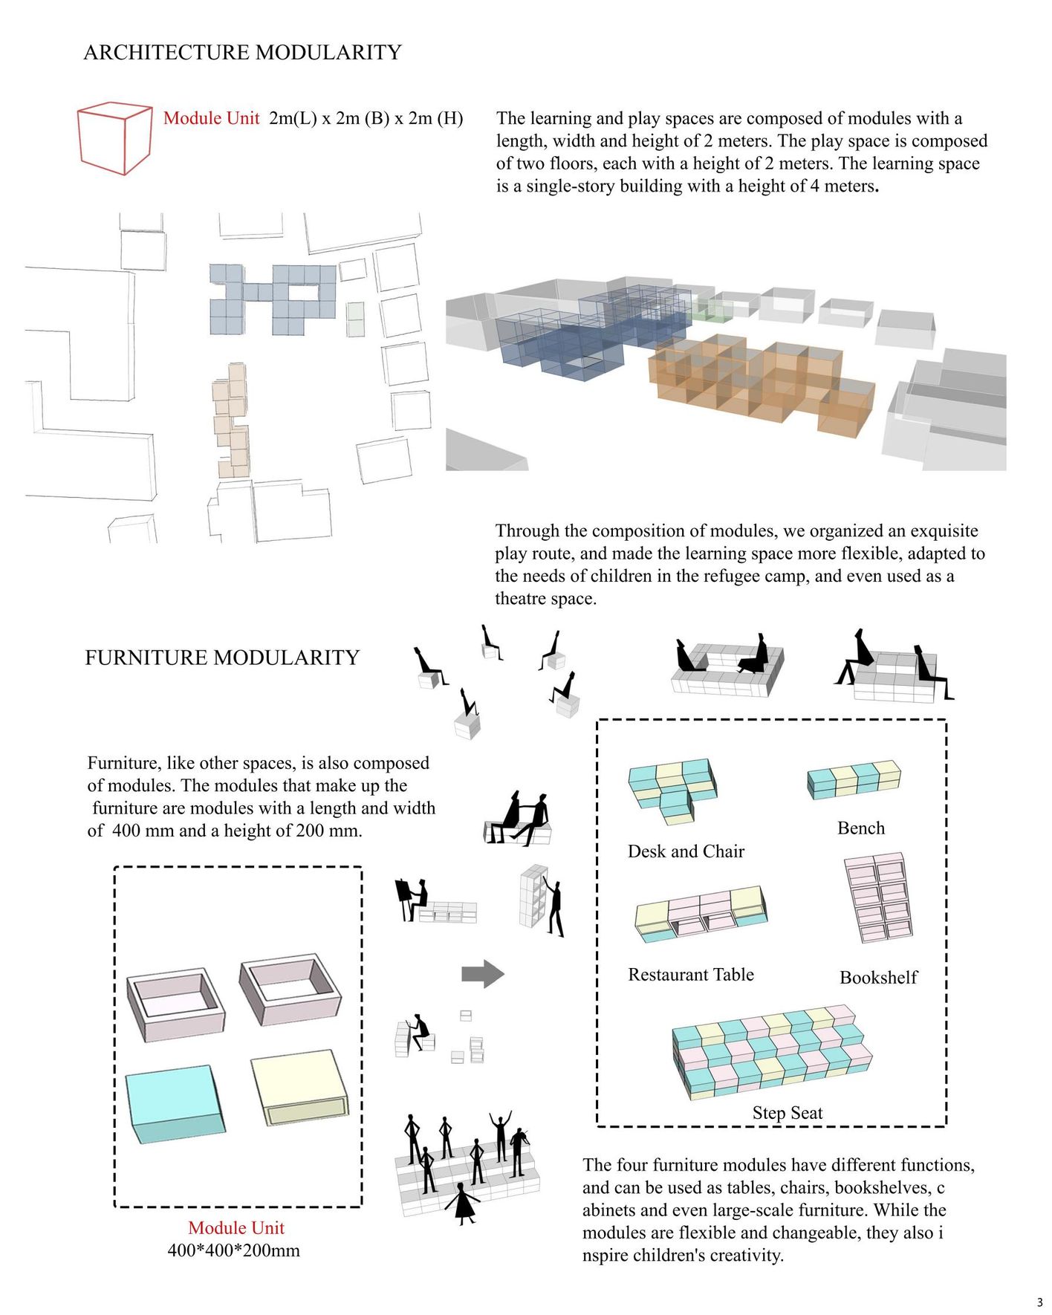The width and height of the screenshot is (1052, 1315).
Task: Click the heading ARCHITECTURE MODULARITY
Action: pos(242,53)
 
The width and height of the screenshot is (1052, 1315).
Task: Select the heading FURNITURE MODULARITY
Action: pos(222,657)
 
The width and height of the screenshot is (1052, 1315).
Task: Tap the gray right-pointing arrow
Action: pos(483,973)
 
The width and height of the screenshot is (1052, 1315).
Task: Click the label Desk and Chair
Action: pos(686,851)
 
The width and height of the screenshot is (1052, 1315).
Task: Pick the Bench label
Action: pos(860,828)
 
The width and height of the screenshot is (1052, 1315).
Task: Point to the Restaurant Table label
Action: pos(691,975)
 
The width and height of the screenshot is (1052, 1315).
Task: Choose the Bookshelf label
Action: pos(878,978)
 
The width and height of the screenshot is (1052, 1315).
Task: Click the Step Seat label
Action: pos(787,1113)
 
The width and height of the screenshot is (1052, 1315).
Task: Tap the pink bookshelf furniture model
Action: pos(878,898)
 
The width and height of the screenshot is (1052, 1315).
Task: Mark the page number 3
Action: pos(1039,1302)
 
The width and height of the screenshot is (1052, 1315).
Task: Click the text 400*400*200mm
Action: pos(233,1250)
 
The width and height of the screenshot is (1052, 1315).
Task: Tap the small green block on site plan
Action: pos(355,319)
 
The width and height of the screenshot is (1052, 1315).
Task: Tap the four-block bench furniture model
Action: pos(854,779)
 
